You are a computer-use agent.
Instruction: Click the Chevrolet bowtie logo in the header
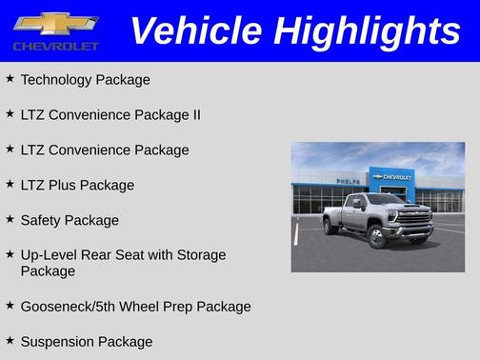pos(56,23)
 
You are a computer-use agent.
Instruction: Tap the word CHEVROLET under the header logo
pos(56,47)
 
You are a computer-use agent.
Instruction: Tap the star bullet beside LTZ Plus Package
pos(10,184)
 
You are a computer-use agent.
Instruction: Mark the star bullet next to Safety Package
pos(10,219)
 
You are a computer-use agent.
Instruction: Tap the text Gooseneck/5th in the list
pos(66,307)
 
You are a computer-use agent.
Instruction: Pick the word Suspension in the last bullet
pos(59,342)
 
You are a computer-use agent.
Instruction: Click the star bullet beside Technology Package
pos(10,78)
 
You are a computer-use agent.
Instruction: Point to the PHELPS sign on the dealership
pos(349,180)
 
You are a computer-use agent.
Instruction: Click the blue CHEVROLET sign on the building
pos(392,177)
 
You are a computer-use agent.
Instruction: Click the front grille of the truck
pos(413,216)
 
